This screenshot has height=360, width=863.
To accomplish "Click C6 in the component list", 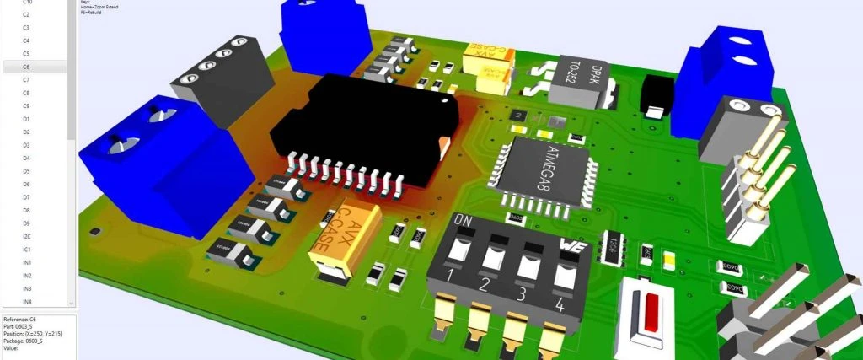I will pos(26,67).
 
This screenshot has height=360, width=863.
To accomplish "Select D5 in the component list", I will pos(26,171).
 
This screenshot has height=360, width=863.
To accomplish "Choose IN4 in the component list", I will pos(27,301).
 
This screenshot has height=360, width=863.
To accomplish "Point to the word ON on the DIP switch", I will pos(464,220).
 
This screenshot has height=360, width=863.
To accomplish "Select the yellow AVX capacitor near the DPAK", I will pos(485,61).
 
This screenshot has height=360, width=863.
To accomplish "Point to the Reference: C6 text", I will pos(22,320).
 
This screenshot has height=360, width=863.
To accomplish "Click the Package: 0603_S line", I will pos(28,341).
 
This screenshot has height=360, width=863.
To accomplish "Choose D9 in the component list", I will pos(26,223).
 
